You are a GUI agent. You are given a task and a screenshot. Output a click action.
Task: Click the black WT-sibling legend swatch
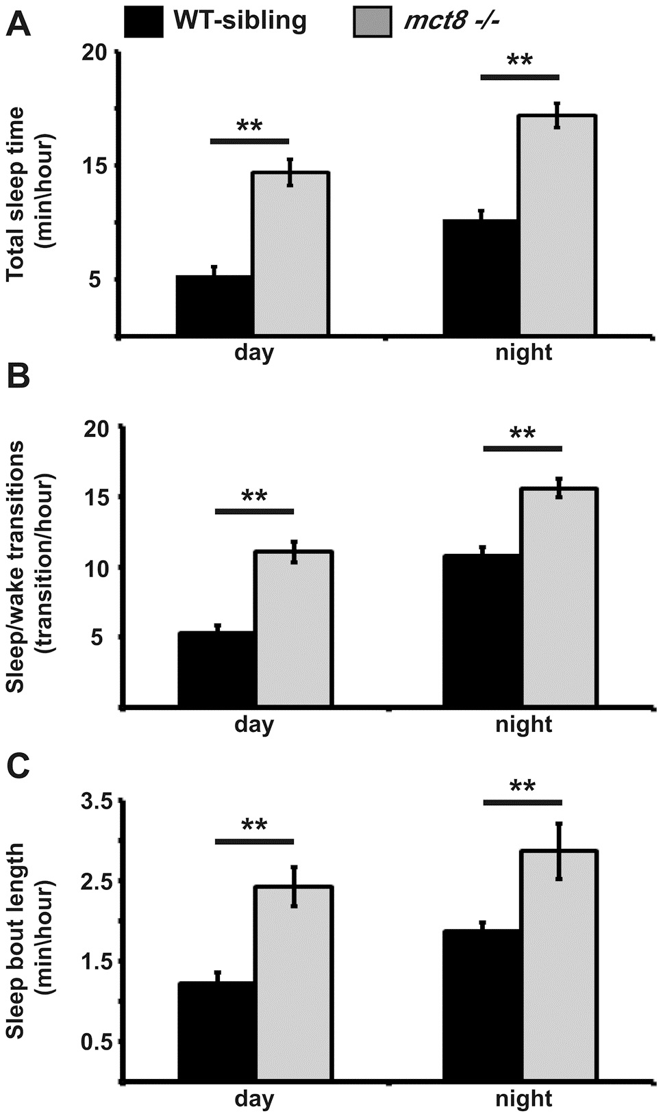(143, 21)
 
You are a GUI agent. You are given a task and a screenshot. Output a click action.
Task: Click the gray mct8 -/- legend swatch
(372, 21)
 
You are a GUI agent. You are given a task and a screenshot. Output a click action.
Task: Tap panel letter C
(18, 767)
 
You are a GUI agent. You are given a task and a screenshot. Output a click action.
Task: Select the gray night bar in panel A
(558, 226)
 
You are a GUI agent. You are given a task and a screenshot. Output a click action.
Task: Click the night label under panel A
(523, 353)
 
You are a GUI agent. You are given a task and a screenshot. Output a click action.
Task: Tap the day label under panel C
(254, 1100)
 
